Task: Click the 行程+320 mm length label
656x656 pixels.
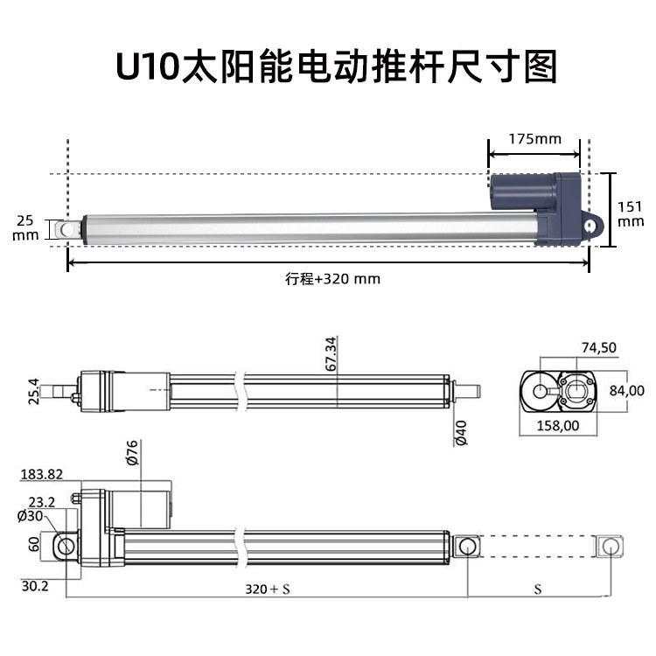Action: click(332, 279)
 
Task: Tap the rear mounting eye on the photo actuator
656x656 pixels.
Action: click(595, 225)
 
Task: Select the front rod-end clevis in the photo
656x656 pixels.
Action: click(64, 229)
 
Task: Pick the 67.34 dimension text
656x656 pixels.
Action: click(331, 354)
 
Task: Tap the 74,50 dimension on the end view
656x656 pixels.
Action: click(598, 347)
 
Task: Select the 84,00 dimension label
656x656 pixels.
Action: click(626, 390)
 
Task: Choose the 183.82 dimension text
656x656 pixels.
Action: click(42, 474)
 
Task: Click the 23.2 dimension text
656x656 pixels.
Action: click(41, 503)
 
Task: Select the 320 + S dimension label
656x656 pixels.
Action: click(267, 590)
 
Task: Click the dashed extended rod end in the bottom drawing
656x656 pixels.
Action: click(609, 546)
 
